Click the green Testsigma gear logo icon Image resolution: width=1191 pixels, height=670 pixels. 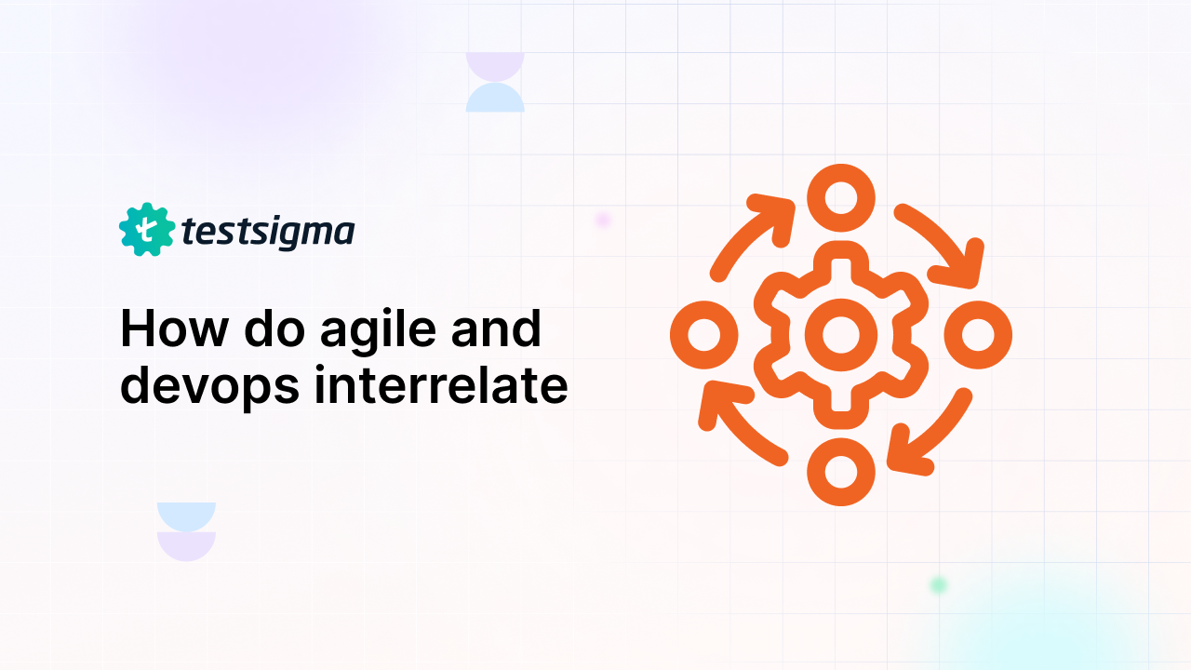(x=147, y=230)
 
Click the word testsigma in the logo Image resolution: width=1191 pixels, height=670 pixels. (x=268, y=232)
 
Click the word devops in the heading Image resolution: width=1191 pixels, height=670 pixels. (x=210, y=386)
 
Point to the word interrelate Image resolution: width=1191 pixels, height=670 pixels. (x=441, y=385)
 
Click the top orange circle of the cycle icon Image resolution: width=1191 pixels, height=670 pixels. (x=841, y=197)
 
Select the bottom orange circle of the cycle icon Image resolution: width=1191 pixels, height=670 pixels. (x=841, y=471)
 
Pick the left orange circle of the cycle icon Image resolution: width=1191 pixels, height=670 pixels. (x=704, y=334)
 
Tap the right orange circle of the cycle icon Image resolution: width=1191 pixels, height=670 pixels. (x=978, y=334)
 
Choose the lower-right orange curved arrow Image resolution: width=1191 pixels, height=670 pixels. (x=930, y=434)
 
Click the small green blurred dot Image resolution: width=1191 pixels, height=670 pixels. (x=939, y=584)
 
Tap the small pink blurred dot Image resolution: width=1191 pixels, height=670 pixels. (x=602, y=220)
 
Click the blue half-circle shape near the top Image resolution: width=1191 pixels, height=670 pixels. (x=495, y=97)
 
